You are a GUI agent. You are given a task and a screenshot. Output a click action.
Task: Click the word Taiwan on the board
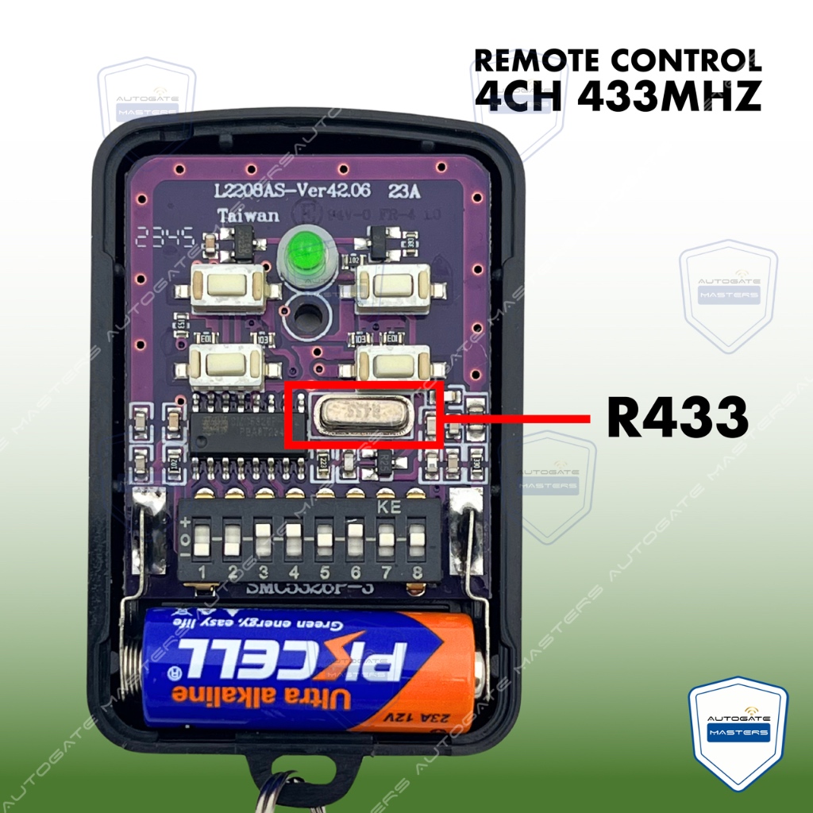point(248,215)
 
